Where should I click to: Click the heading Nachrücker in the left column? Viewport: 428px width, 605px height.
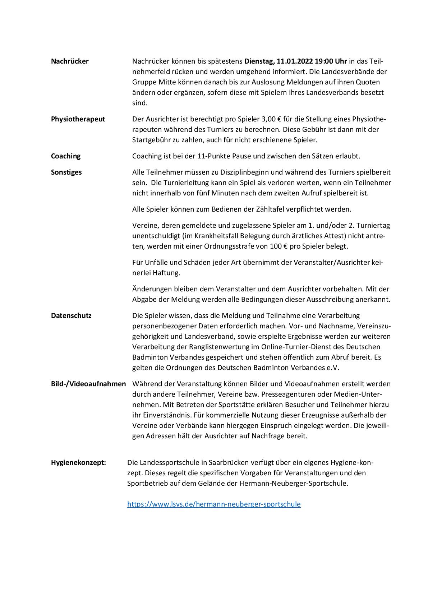tap(70, 61)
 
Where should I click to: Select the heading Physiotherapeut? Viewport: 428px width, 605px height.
tap(78, 119)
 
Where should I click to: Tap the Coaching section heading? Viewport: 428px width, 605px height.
tap(66, 156)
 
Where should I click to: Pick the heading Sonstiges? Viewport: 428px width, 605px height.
tap(66, 172)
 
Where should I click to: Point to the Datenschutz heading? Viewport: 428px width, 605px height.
tap(71, 315)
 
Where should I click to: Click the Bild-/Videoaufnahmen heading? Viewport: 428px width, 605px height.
tap(88, 384)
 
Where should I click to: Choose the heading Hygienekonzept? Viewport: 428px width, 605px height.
tap(78, 462)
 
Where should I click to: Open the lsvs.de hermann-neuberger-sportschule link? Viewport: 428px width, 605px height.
tap(214, 504)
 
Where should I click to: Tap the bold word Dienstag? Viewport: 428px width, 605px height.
tap(259, 61)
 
